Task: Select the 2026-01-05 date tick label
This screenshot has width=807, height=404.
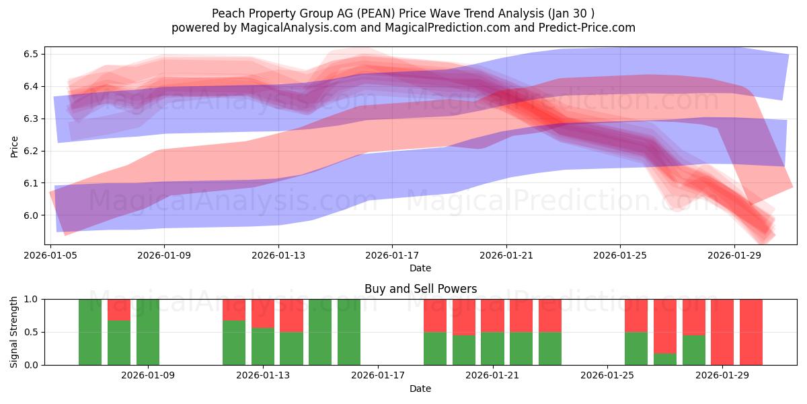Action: [51, 256]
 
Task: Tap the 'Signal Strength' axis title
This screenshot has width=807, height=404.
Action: [14, 331]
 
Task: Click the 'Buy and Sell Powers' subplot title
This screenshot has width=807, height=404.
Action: [420, 289]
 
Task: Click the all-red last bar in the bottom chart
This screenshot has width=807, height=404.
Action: [751, 332]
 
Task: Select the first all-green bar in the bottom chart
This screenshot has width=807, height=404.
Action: [90, 332]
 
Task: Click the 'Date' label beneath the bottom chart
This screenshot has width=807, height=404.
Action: [420, 389]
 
